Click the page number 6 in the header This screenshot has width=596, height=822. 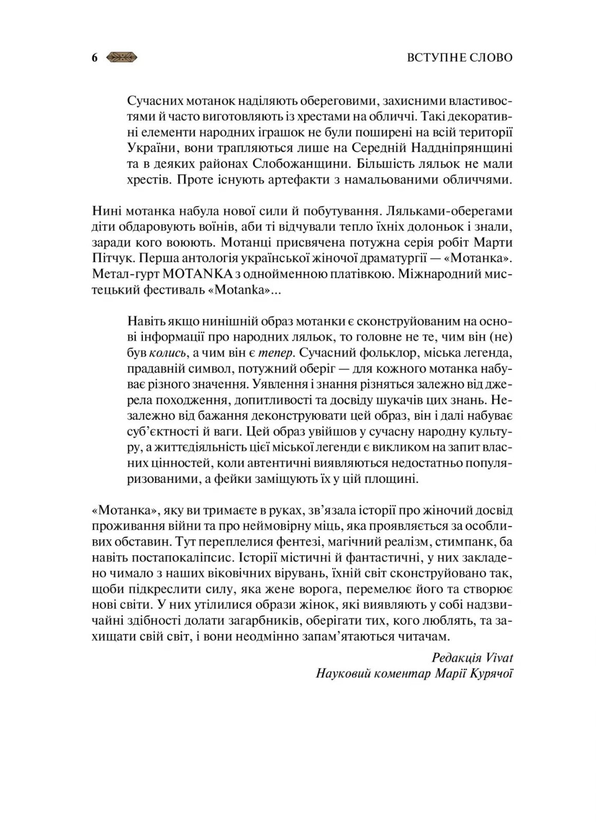click(x=95, y=58)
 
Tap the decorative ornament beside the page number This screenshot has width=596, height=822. click(x=122, y=58)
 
